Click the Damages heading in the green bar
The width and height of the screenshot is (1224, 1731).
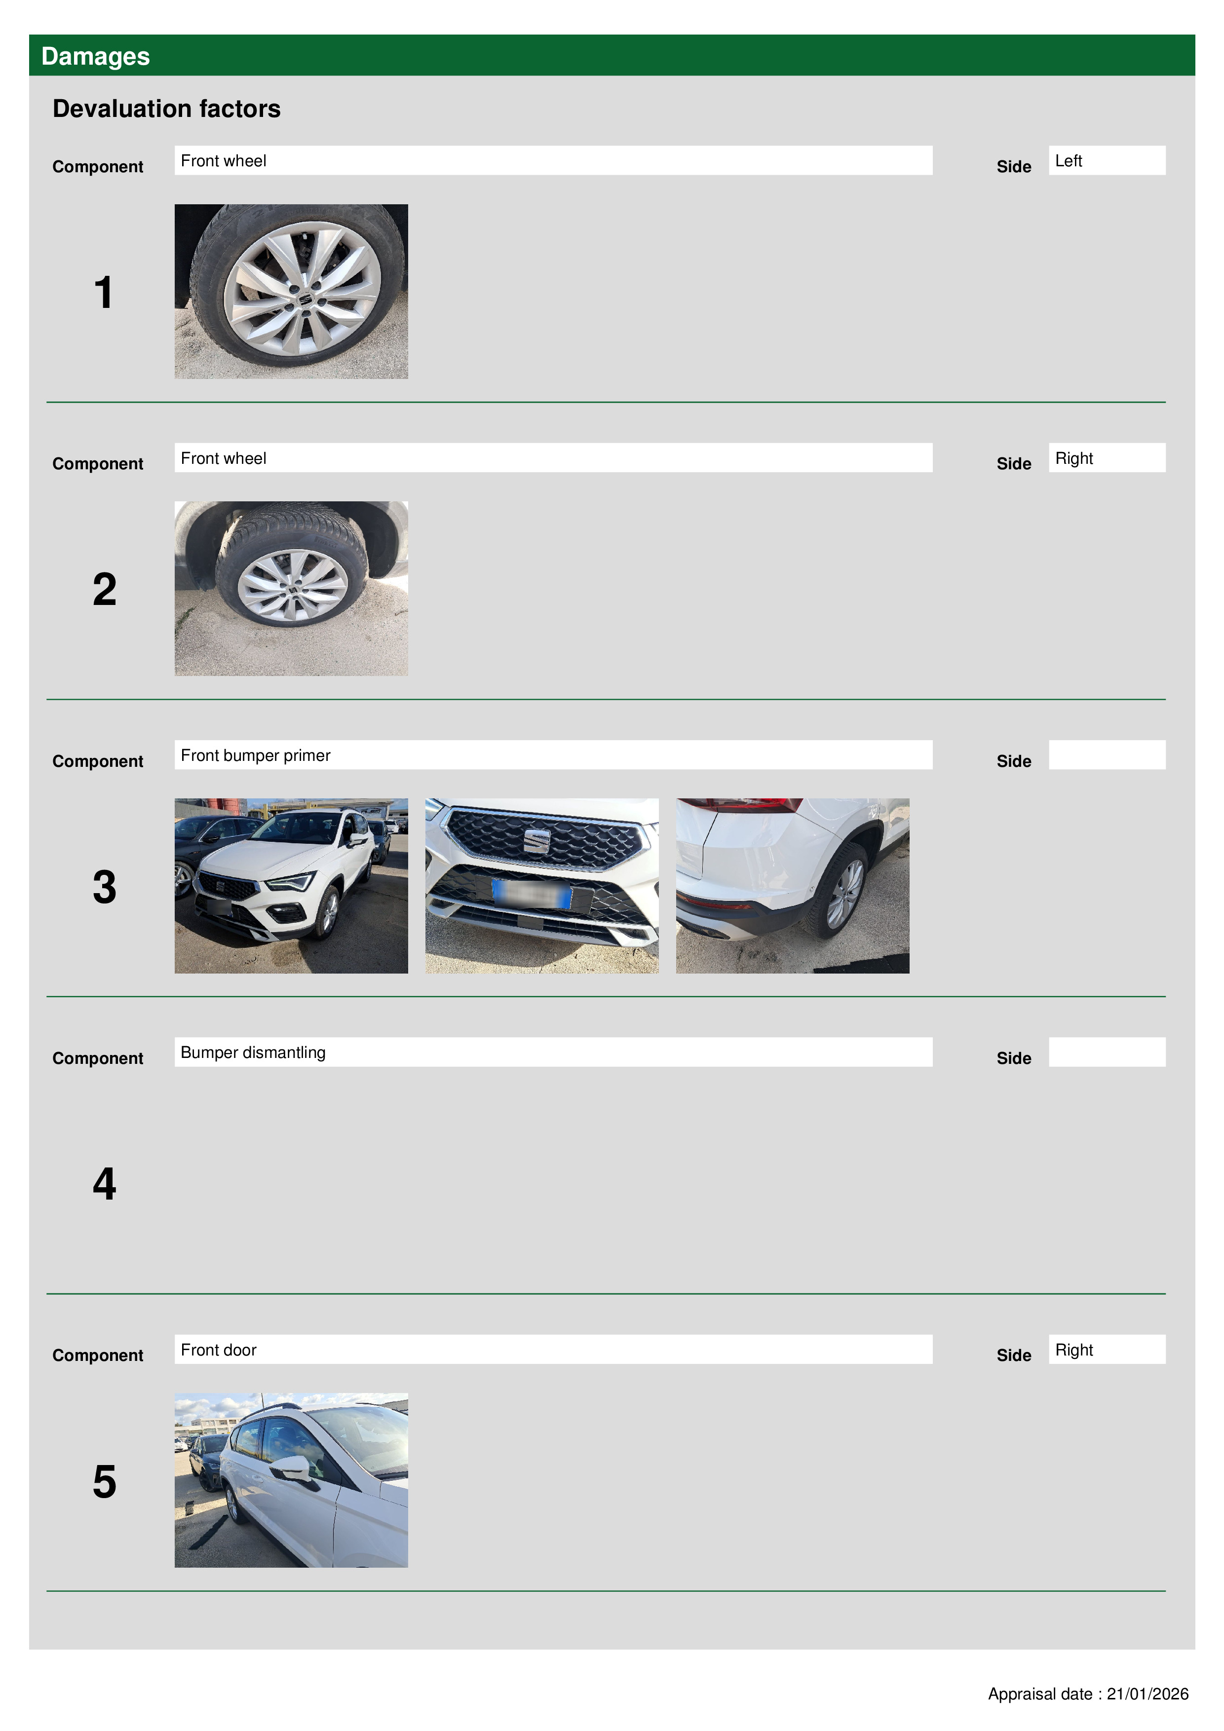95,57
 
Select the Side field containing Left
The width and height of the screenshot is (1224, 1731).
1107,160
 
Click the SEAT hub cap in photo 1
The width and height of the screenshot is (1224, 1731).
305,300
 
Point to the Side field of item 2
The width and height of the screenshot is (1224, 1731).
1107,457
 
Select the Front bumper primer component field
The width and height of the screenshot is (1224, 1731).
553,754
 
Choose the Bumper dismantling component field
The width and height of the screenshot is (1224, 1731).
553,1052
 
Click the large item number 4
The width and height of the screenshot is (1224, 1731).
105,1184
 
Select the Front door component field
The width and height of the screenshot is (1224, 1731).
553,1349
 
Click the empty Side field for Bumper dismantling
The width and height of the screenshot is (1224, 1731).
1107,1052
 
